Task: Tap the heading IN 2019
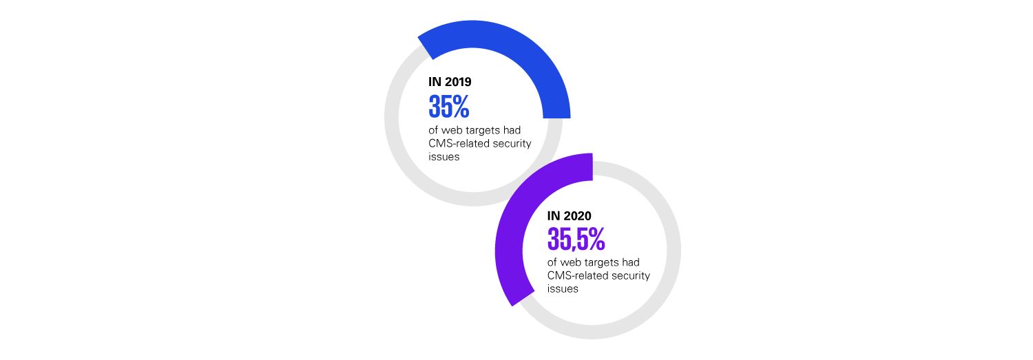[x=450, y=82]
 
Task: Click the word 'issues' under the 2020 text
[x=563, y=289]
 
